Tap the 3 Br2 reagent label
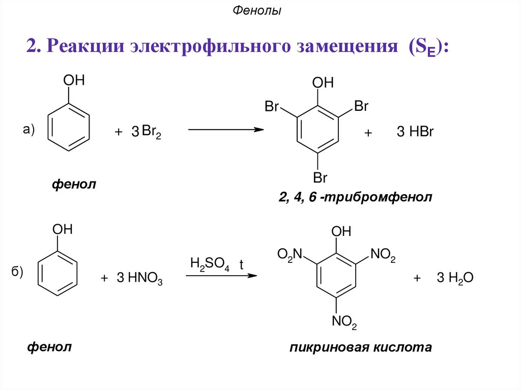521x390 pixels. [146, 132]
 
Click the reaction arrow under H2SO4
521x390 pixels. [219, 276]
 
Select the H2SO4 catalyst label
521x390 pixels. [209, 264]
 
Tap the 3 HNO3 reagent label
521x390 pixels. [139, 279]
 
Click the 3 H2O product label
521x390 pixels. [455, 278]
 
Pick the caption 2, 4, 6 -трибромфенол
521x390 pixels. [355, 197]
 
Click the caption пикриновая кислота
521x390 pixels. [360, 348]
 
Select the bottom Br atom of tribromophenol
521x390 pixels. [320, 178]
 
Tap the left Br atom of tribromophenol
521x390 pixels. [272, 107]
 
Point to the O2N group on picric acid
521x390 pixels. [290, 254]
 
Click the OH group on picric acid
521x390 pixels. [341, 232]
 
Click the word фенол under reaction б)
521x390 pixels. [49, 347]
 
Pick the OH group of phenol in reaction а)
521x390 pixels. [73, 80]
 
